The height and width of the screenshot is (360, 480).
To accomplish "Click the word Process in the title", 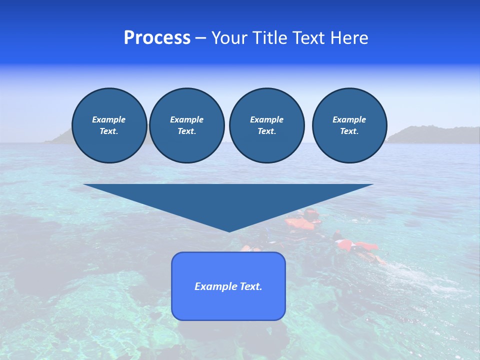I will (x=157, y=38).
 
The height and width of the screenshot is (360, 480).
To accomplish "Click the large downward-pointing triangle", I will (x=228, y=200).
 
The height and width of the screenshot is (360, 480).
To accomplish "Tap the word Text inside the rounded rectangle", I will (x=251, y=286).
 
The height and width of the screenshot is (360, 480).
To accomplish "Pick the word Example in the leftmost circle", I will (x=109, y=119).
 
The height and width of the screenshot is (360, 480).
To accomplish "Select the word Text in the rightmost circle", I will (x=349, y=131).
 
